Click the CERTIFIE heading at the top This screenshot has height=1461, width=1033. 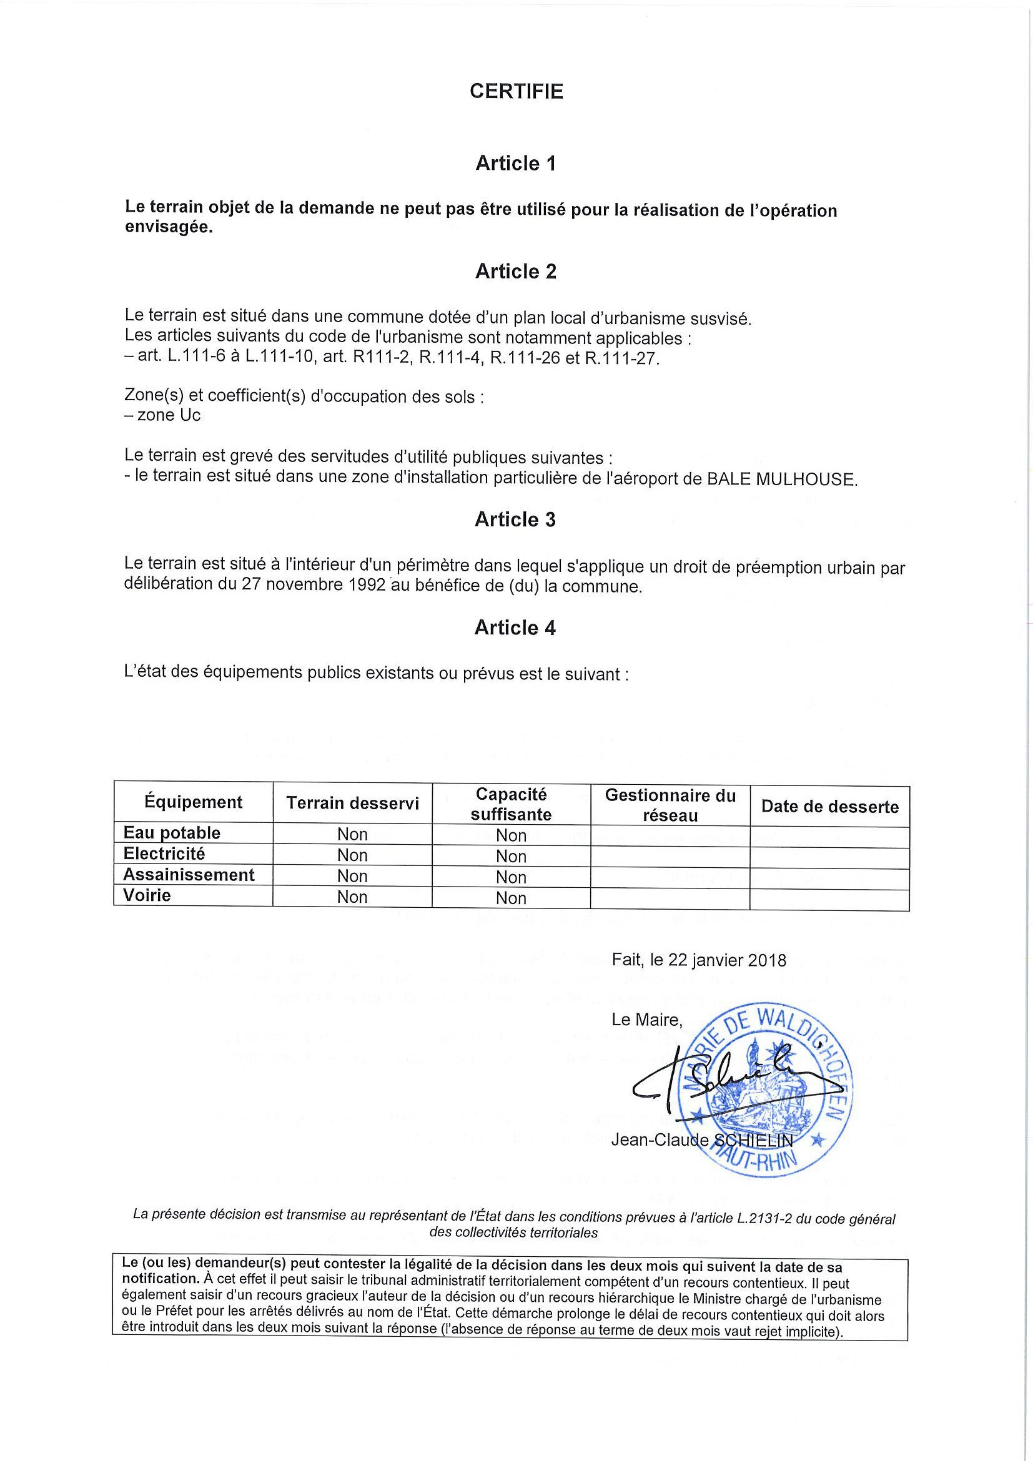click(x=516, y=92)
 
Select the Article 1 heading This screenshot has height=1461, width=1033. click(x=515, y=164)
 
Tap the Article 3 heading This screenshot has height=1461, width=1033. click(x=515, y=520)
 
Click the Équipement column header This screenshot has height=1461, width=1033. click(x=193, y=802)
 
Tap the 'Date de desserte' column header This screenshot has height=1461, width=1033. click(x=829, y=807)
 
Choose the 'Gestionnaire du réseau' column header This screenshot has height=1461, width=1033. click(x=670, y=805)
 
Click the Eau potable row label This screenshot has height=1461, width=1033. click(x=172, y=833)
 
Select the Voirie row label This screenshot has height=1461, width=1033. click(x=147, y=895)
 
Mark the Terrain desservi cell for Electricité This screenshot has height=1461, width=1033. click(x=352, y=856)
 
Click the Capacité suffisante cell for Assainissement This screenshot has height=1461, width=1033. click(x=510, y=877)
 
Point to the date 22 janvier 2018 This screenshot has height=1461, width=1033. click(x=719, y=960)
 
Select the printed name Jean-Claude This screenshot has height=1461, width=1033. click(x=659, y=1140)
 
